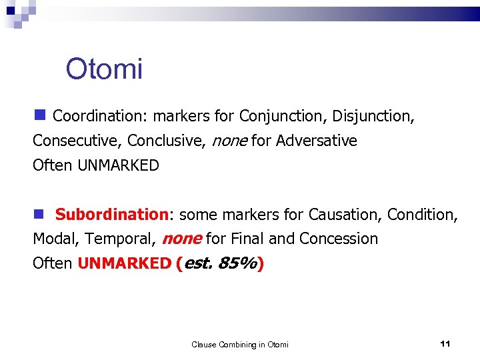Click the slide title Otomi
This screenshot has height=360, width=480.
[x=104, y=69]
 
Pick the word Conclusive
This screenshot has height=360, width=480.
[x=166, y=141]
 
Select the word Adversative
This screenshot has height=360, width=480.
[x=317, y=141]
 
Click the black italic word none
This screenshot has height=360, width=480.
[x=229, y=141]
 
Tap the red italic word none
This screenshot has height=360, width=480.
[x=182, y=239]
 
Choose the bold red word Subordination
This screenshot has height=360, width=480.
[x=112, y=215]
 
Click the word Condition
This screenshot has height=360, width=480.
[x=421, y=215]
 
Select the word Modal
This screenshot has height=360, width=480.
[x=54, y=239]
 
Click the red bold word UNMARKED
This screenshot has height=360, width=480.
[x=124, y=263]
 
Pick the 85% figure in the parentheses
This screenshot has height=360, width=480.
[x=239, y=263]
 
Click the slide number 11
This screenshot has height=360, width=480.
[x=446, y=343]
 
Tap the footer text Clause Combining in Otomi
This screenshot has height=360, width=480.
[x=240, y=344]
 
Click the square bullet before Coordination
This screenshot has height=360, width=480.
[x=40, y=115]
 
